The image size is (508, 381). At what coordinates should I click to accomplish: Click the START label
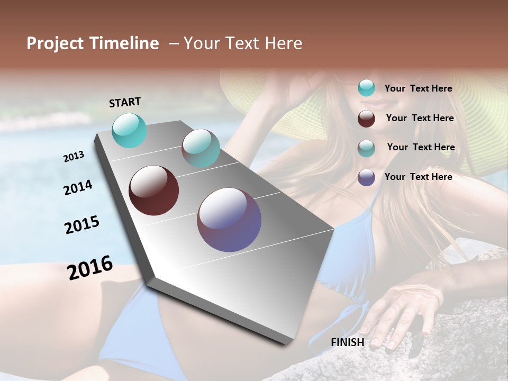tap(125, 102)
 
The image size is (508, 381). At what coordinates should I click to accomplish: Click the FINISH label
tap(348, 342)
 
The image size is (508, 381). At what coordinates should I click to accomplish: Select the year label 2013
tap(74, 157)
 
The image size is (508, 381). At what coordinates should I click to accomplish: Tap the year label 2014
tap(78, 188)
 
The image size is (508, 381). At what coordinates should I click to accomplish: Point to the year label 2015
tap(82, 225)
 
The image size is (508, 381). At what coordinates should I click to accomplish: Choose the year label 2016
tap(90, 267)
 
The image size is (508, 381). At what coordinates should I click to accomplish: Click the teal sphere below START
tap(130, 131)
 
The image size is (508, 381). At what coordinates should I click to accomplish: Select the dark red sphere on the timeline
tap(154, 190)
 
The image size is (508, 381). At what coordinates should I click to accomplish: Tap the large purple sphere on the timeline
tap(229, 220)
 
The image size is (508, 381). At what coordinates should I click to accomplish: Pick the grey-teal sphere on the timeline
tap(201, 148)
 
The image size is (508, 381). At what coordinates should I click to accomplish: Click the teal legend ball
tap(366, 88)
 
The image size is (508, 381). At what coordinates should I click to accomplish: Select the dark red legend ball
tap(366, 119)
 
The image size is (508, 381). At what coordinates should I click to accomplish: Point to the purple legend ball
tap(366, 177)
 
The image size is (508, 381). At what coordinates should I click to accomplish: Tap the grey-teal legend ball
tap(366, 148)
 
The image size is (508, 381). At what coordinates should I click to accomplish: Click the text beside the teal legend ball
tap(419, 89)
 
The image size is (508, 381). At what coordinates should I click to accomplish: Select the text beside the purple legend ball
tap(419, 177)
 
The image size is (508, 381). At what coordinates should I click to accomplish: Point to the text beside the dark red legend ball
tap(420, 118)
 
